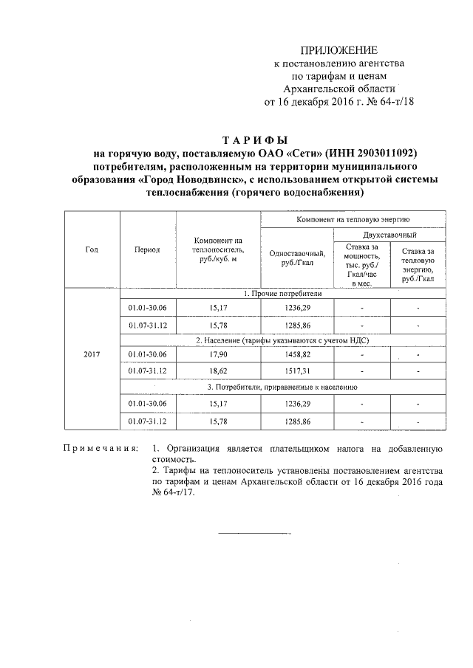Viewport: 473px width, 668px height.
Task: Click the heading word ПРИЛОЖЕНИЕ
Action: coord(338,50)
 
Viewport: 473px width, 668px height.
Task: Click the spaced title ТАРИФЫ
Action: coord(254,140)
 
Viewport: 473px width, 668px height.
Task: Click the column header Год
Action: coord(92,249)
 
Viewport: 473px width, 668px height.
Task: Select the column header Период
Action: coord(147,249)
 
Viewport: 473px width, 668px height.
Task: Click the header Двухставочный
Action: coord(389,233)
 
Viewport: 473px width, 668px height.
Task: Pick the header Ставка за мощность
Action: coord(361,263)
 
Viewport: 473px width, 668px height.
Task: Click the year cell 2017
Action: coord(92,354)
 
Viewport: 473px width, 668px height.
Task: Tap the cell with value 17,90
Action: coord(218,354)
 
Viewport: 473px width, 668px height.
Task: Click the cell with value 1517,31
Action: coord(297,371)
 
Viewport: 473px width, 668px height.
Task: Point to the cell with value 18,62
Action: coord(218,371)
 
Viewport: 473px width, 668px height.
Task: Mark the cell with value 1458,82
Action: coord(297,354)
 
